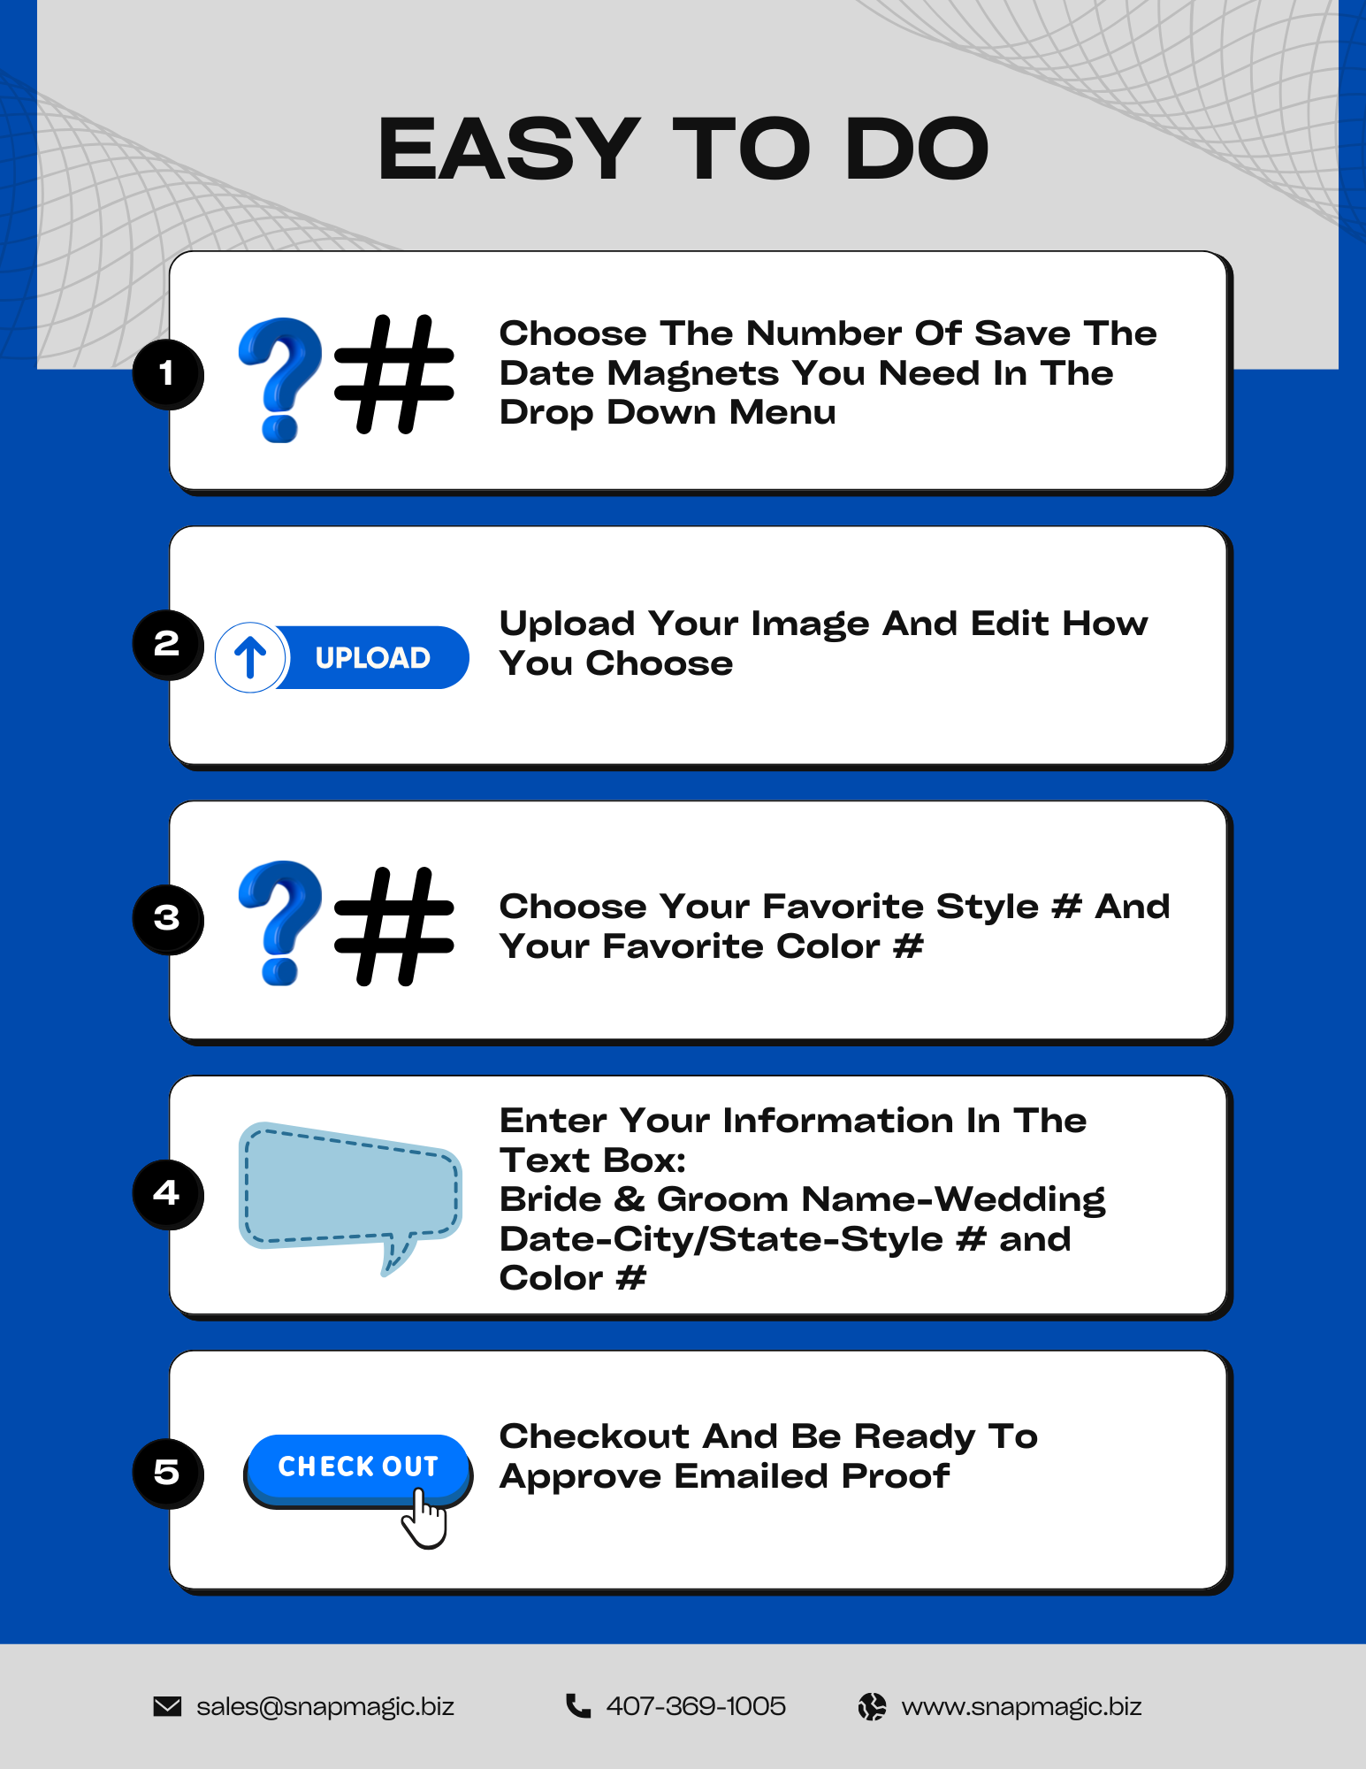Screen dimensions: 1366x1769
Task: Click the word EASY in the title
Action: point(508,149)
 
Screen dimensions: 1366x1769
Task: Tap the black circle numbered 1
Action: point(167,373)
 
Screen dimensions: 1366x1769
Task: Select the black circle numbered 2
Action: point(167,644)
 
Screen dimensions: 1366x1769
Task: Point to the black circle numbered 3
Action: point(167,919)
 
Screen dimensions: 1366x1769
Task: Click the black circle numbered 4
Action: point(167,1194)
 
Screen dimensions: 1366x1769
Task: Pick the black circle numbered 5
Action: point(167,1473)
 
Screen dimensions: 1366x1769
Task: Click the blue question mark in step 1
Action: point(280,379)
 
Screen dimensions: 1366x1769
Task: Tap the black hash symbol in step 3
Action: point(394,926)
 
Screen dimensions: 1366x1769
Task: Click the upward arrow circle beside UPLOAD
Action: point(250,657)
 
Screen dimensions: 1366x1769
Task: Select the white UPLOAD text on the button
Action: point(373,658)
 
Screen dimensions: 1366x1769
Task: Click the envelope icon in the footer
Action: point(167,1706)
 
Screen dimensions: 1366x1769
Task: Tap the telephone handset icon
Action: point(578,1705)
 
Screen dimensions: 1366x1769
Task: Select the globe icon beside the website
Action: point(872,1706)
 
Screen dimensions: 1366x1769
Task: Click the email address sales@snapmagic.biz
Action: point(325,1707)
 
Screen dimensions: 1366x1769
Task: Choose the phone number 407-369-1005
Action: point(696,1706)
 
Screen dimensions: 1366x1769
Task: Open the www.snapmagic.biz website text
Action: point(1021,1707)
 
